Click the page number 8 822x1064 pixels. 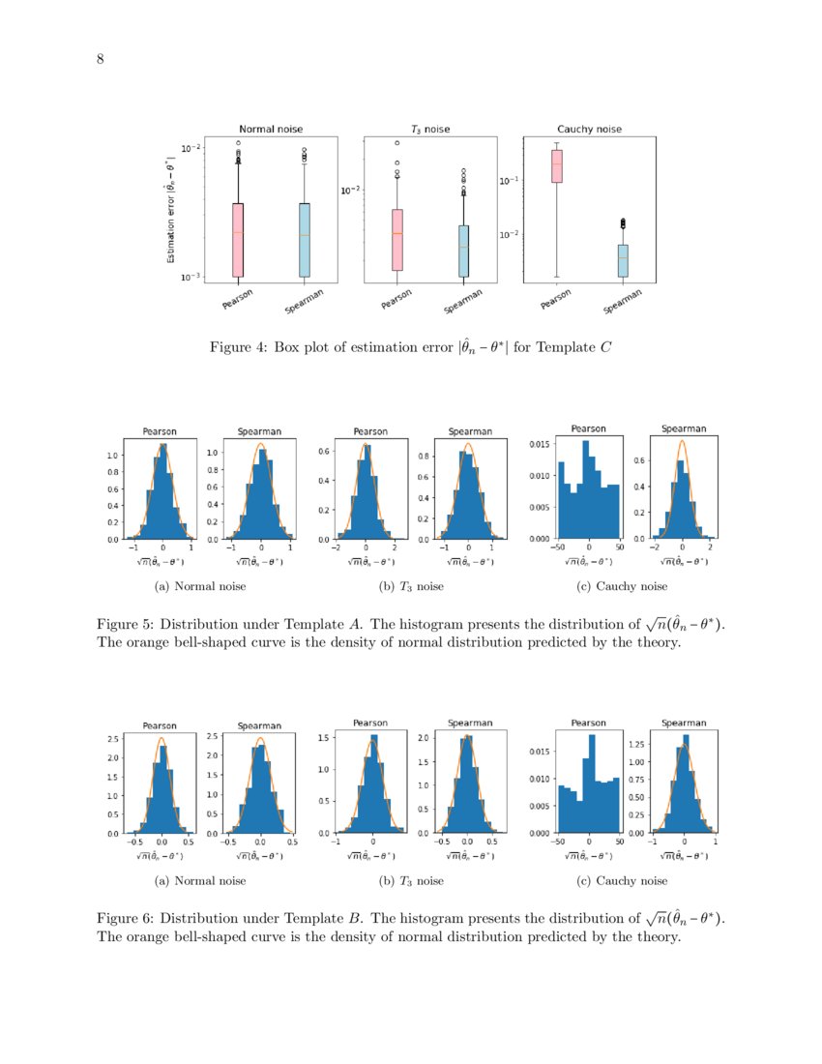point(100,60)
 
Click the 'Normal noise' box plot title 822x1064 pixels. point(271,129)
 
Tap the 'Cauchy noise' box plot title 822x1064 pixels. point(589,129)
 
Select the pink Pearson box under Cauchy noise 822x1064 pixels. point(556,165)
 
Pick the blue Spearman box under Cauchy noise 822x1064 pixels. point(623,260)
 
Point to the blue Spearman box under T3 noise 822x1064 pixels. point(463,251)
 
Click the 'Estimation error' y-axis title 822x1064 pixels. point(171,211)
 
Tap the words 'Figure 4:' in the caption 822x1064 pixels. point(239,347)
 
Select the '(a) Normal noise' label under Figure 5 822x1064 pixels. point(200,586)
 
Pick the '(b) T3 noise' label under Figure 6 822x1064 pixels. point(411,881)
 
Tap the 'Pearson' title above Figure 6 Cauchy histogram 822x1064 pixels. point(588,723)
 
